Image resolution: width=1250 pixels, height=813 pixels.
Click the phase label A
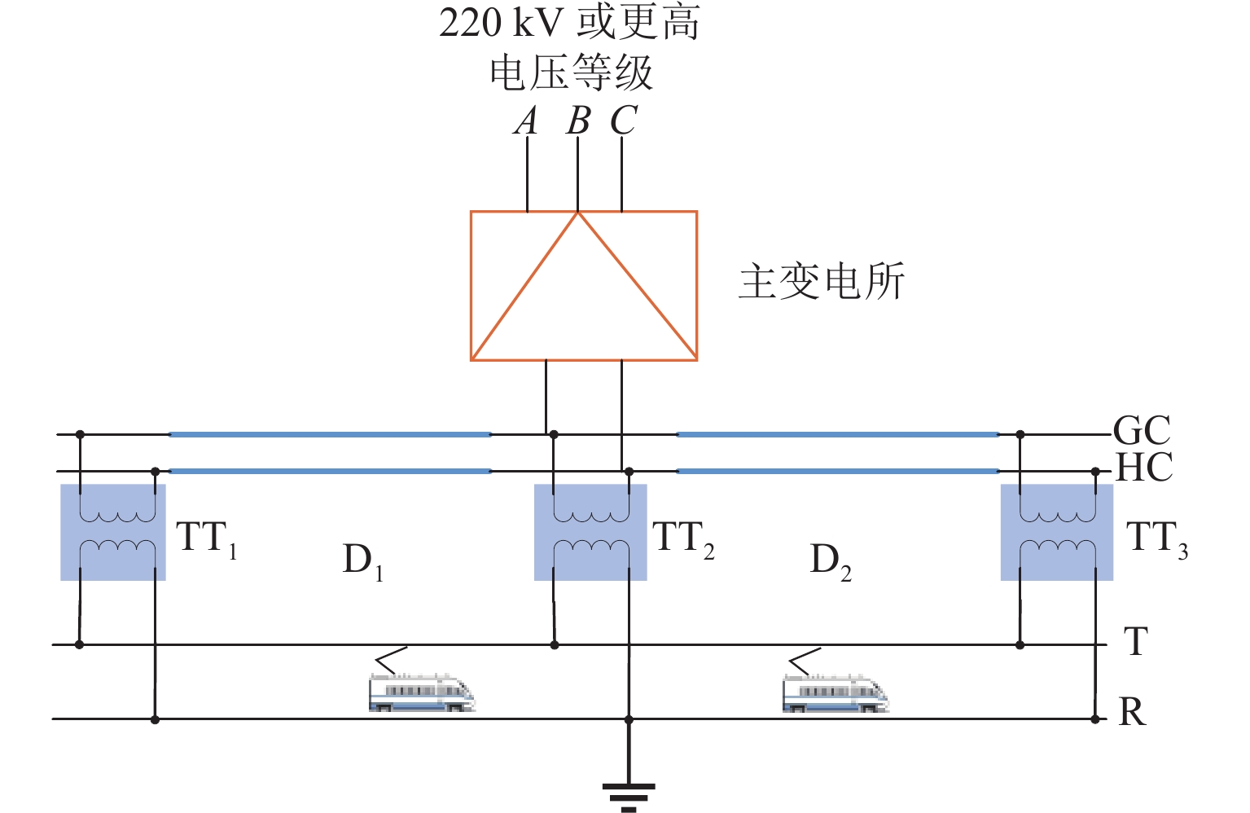coord(527,121)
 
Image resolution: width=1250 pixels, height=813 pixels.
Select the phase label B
coord(577,121)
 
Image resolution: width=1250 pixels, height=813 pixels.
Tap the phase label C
coord(623,121)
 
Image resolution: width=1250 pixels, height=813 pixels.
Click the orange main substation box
coord(583,286)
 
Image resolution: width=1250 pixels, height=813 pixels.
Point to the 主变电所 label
coord(821,282)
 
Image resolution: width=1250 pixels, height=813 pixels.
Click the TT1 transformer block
coord(113,532)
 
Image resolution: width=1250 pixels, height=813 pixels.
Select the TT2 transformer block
coord(590,532)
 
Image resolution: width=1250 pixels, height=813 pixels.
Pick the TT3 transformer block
coord(1056,532)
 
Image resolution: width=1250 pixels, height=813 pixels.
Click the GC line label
coord(1142,430)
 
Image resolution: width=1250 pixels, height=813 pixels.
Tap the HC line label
coord(1143,468)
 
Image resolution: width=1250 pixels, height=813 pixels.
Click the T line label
coord(1136,642)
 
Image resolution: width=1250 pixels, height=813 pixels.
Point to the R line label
coord(1133,712)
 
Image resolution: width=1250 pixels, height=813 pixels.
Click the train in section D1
coord(421,692)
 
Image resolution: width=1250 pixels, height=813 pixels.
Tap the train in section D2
coord(835,692)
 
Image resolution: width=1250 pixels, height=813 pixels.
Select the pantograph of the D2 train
coord(805,661)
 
